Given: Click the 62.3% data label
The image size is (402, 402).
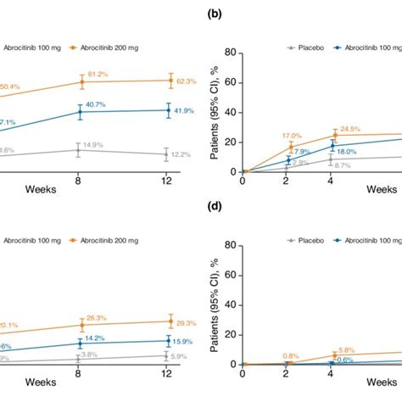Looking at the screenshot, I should coord(186,81).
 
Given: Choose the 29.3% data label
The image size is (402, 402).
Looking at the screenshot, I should coord(186,322).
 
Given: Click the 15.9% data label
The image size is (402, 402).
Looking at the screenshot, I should coord(186,342).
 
